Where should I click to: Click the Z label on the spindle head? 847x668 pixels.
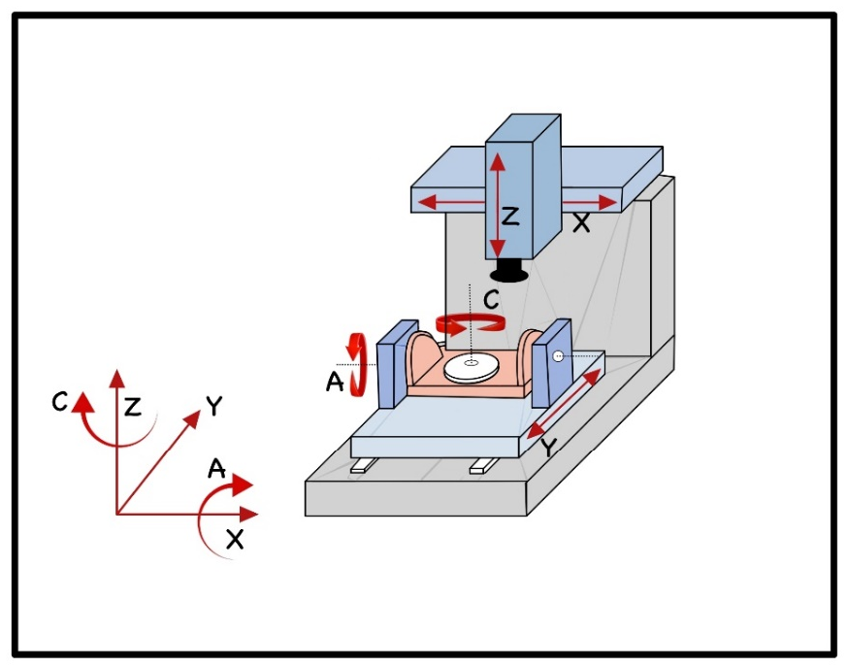[510, 217]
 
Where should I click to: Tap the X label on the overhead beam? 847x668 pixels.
[581, 222]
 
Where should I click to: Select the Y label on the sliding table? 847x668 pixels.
[548, 448]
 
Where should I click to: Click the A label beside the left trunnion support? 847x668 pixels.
[336, 384]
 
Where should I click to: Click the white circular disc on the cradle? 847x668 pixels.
[472, 367]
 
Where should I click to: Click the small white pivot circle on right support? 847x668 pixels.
[558, 356]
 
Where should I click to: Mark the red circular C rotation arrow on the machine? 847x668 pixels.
[471, 323]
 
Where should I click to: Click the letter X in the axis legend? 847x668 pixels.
[234, 540]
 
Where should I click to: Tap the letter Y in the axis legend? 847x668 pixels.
[216, 407]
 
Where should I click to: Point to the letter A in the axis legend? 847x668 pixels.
[217, 469]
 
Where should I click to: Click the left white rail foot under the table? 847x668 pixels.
[358, 467]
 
